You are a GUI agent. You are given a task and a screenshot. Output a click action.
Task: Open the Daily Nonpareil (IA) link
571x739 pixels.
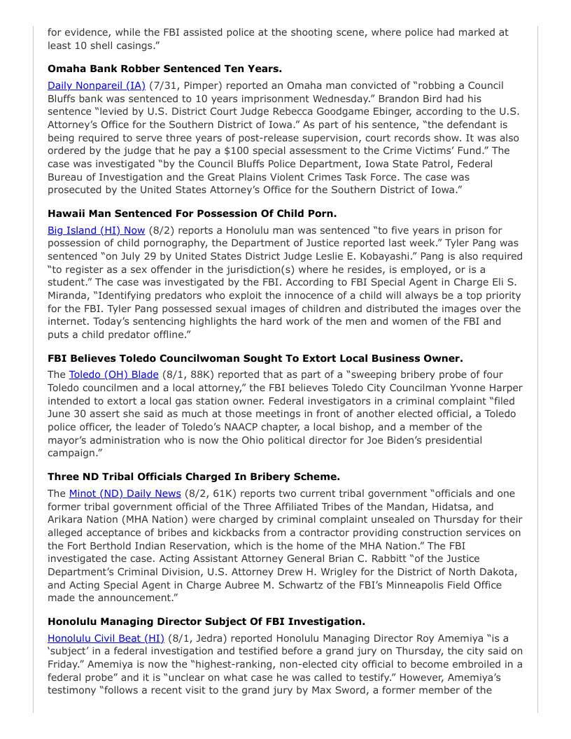click(97, 85)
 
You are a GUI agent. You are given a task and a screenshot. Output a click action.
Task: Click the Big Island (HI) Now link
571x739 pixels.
click(97, 230)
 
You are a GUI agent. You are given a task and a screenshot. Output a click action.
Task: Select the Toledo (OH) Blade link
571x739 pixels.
click(113, 374)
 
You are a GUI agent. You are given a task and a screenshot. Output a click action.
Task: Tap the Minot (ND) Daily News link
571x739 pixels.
click(125, 493)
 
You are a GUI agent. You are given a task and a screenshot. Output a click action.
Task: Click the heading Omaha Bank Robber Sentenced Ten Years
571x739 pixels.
click(164, 69)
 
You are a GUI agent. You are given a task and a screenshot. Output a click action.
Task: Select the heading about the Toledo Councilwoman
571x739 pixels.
click(255, 358)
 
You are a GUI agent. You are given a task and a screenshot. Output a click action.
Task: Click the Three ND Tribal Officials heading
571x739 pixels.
click(194, 477)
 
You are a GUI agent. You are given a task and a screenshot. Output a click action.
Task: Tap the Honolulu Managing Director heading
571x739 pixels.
click(206, 621)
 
